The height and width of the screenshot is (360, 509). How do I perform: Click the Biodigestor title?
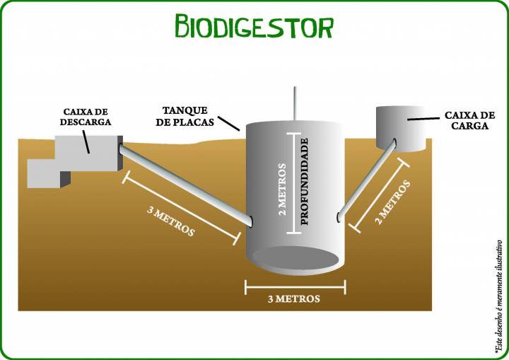[x=255, y=26]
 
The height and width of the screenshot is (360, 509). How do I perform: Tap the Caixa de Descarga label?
[x=86, y=117]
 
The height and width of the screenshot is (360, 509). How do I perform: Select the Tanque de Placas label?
[x=185, y=116]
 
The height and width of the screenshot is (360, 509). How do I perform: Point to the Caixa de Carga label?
[x=469, y=120]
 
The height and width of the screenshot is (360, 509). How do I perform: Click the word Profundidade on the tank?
[x=304, y=182]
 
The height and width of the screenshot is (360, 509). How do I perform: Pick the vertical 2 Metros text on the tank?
[x=282, y=190]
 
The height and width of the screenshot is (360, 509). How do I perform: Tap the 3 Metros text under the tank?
[x=294, y=299]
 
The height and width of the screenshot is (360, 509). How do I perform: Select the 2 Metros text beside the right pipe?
[x=393, y=202]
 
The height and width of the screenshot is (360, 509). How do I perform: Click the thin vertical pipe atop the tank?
[x=295, y=104]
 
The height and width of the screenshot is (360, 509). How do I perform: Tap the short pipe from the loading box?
[x=366, y=180]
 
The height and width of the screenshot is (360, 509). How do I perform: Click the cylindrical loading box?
[x=401, y=129]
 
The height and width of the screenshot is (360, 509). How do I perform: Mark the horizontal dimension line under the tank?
[x=295, y=287]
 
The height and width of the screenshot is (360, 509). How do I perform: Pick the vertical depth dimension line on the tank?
[x=294, y=183]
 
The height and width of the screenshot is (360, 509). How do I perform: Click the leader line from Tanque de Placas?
[x=229, y=124]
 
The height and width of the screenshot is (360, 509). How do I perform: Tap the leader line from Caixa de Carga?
[x=424, y=119]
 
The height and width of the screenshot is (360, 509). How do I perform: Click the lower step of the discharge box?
[x=49, y=174]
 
